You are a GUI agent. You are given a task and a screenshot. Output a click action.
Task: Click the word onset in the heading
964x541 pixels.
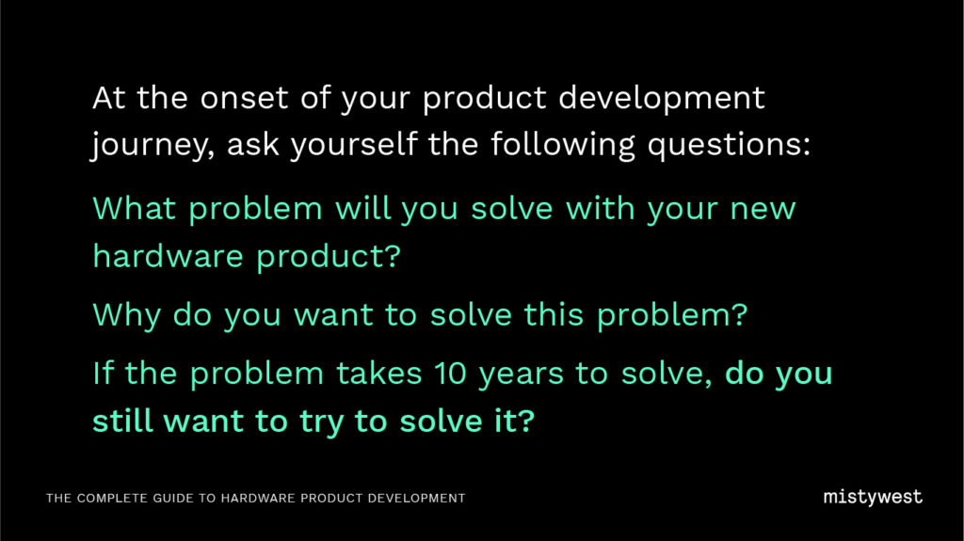(x=244, y=99)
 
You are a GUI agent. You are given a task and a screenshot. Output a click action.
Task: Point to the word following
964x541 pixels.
(x=563, y=145)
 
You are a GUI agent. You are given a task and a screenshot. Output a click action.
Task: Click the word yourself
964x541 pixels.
(x=354, y=145)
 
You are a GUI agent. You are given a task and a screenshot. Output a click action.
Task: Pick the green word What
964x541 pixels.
(x=134, y=209)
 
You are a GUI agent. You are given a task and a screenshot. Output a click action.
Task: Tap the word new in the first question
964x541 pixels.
(x=763, y=210)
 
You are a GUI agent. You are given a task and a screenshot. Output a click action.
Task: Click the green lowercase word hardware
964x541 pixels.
(x=168, y=255)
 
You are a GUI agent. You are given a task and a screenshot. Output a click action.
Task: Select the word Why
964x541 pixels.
(x=127, y=316)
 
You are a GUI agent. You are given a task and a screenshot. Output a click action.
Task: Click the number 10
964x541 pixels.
(x=451, y=374)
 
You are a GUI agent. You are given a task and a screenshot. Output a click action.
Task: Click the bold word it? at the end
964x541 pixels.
(x=515, y=422)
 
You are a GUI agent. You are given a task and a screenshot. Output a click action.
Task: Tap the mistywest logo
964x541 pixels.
(x=873, y=498)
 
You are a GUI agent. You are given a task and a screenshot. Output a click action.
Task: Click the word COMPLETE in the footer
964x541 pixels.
(x=112, y=498)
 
